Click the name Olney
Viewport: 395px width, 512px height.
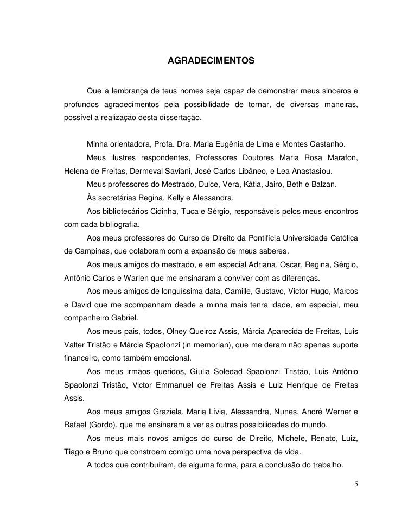coord(180,331)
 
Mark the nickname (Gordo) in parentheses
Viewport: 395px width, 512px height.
coord(101,425)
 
